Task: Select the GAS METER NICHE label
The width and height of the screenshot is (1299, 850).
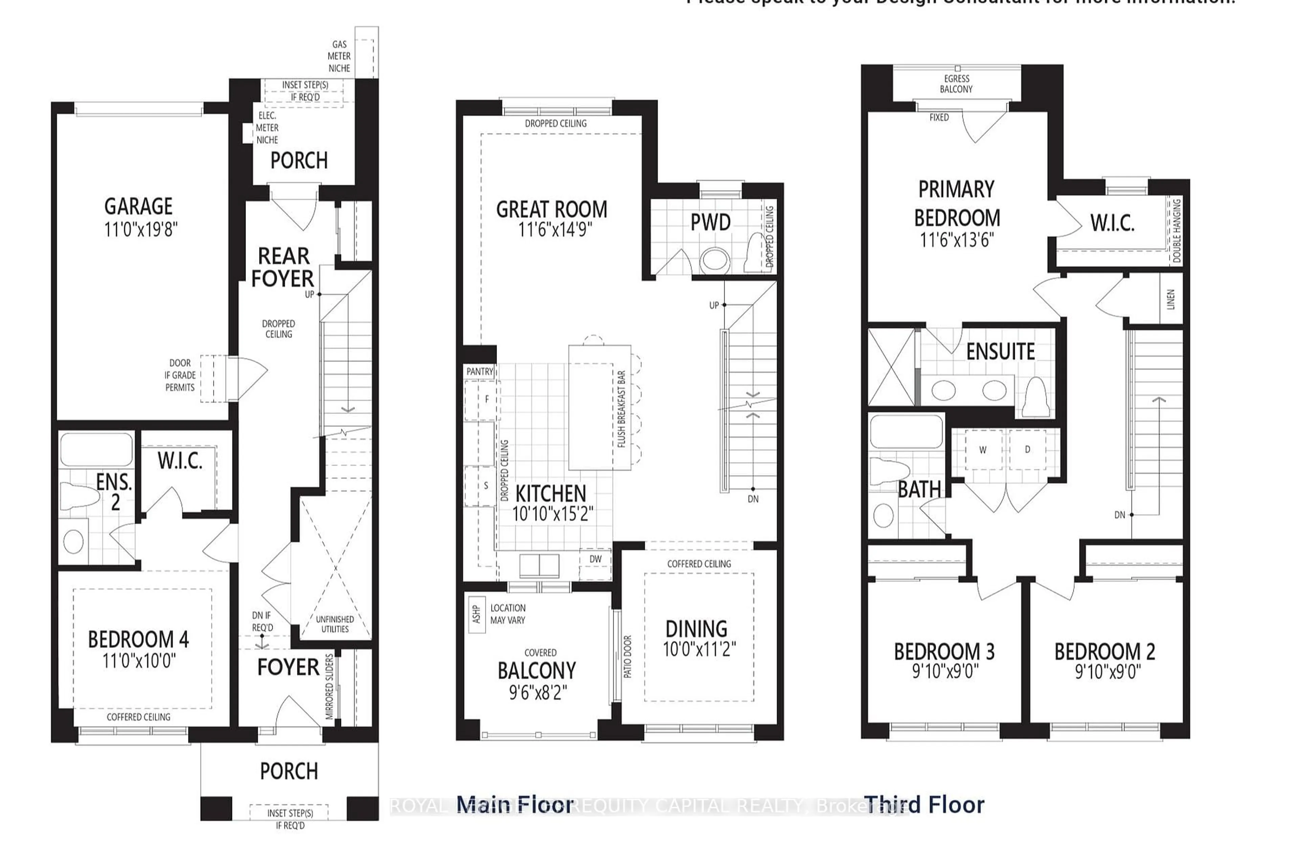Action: pyautogui.click(x=339, y=56)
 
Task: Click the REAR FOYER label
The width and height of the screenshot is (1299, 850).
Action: pyautogui.click(x=283, y=268)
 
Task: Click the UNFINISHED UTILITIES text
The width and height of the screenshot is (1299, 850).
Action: pyautogui.click(x=335, y=624)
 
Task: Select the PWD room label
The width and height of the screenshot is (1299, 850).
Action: pyautogui.click(x=710, y=223)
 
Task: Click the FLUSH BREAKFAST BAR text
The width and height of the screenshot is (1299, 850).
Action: pyautogui.click(x=621, y=409)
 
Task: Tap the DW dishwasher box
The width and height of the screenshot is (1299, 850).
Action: pyautogui.click(x=595, y=559)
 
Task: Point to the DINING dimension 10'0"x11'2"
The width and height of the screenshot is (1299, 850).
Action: pyautogui.click(x=699, y=649)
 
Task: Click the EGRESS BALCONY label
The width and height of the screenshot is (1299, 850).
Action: pyautogui.click(x=956, y=84)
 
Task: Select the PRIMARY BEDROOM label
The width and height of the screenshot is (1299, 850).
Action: pyautogui.click(x=956, y=204)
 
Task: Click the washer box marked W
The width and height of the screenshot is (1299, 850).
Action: pyautogui.click(x=982, y=450)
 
